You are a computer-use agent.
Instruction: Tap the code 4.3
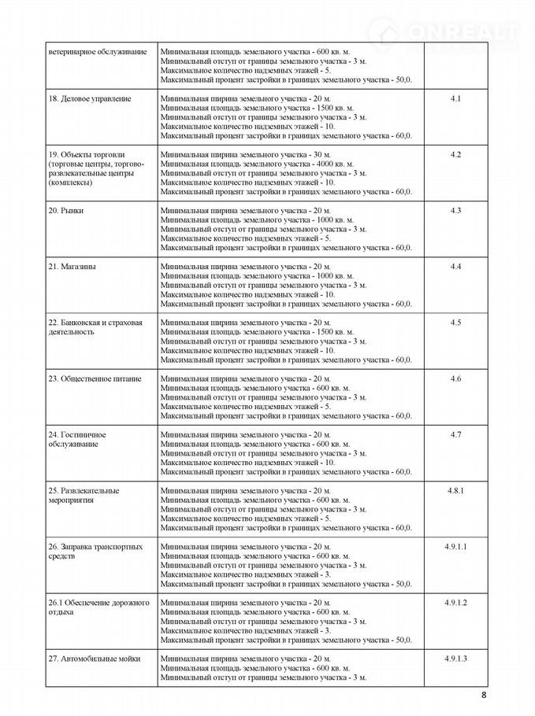[x=455, y=210]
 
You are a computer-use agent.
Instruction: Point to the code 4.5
[x=455, y=323]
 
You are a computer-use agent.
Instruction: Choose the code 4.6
[x=455, y=378]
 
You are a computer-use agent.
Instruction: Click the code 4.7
[x=455, y=434]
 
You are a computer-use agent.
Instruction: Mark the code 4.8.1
[x=455, y=490]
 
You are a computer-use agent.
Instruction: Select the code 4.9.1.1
[x=455, y=546]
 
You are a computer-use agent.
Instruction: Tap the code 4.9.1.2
[x=455, y=602]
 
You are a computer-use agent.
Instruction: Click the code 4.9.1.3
[x=455, y=658]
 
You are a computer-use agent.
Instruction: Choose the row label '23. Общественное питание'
[x=95, y=378]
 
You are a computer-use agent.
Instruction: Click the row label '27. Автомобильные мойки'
[x=94, y=658]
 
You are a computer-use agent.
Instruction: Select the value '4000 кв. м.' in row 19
[x=334, y=164]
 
